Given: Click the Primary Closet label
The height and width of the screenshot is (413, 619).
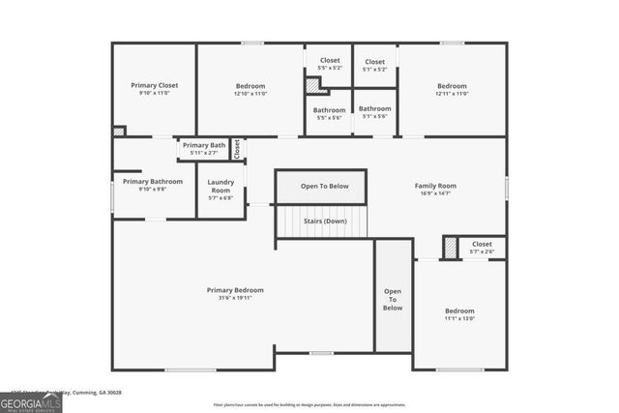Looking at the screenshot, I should click(155, 85).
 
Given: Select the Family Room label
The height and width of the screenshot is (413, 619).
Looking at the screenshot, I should click(435, 186).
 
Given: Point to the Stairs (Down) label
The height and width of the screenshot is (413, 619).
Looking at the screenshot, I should click(324, 221).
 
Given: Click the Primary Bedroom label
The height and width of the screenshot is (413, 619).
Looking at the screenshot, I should click(235, 289).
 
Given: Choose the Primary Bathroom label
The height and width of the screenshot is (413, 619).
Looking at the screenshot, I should click(153, 181).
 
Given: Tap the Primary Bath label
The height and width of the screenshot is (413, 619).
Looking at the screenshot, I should click(203, 145).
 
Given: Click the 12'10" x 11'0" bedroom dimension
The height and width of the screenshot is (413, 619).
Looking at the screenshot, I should click(250, 94).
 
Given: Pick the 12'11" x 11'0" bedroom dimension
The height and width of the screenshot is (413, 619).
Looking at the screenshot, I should click(452, 94).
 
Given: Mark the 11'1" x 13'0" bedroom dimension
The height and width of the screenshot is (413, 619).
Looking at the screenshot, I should click(459, 318).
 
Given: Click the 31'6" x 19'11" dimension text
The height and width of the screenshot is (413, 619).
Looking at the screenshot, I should click(235, 299).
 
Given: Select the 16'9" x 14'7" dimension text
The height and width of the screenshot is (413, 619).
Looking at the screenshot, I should click(435, 194).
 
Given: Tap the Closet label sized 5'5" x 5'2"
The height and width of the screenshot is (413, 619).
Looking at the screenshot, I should click(328, 61).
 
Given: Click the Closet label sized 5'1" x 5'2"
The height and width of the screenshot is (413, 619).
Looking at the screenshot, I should click(374, 61).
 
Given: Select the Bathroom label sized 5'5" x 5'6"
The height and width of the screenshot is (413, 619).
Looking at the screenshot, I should click(329, 109).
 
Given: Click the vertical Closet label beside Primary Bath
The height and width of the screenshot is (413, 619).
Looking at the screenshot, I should click(236, 149).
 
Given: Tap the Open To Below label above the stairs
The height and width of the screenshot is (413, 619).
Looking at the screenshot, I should click(324, 186).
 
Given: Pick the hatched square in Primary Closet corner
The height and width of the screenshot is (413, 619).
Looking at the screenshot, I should click(119, 131).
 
